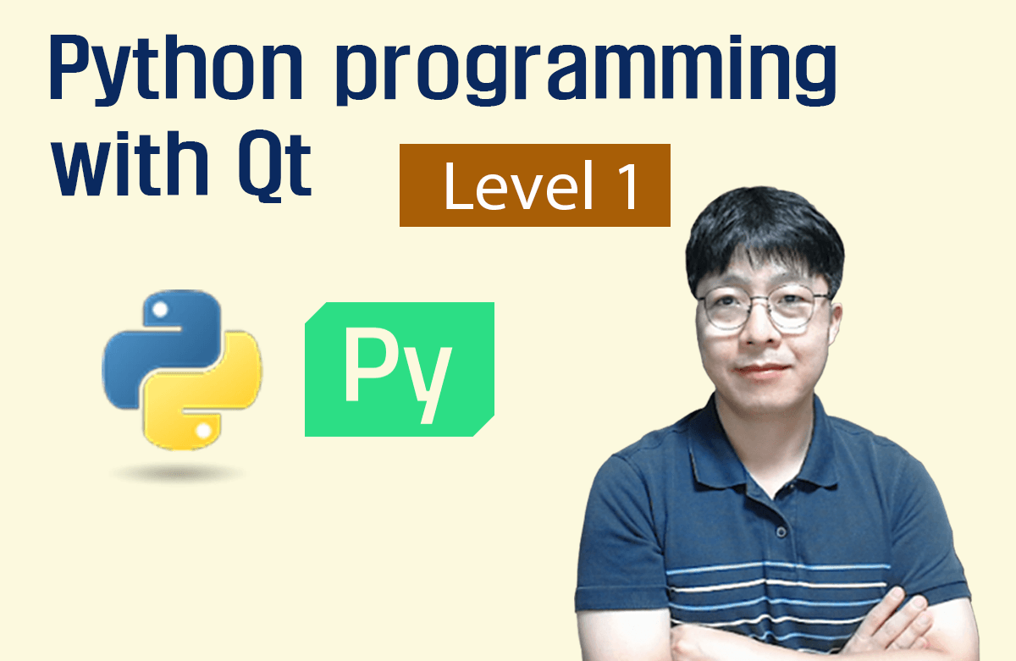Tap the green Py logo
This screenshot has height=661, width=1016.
pos(399,369)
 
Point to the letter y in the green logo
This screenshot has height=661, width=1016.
pos(433,381)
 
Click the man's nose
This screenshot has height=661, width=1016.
pos(759,335)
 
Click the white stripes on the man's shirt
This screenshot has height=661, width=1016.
pos(762,584)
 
